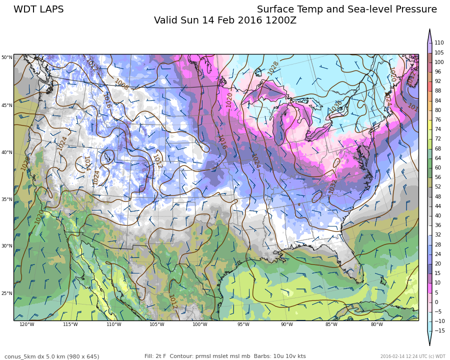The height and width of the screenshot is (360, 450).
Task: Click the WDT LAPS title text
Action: pos(38,9)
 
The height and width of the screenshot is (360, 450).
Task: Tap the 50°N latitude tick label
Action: pos(6,57)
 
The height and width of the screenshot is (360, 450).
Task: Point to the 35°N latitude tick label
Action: pos(6,199)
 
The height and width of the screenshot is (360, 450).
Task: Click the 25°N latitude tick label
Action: pos(6,293)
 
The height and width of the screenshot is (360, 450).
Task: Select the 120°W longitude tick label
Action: pos(27,324)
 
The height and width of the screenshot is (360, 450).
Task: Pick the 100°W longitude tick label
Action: pos(200,324)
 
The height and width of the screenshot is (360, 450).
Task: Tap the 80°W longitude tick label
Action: pos(377,324)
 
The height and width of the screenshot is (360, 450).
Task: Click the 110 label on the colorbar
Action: pos(439,43)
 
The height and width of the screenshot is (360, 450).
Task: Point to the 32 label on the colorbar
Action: pos(437,235)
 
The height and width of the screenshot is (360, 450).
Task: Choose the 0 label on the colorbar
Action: pos(436,302)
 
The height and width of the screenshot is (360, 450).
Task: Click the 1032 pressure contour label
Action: pos(332,186)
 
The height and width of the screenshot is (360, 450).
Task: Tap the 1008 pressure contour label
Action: pos(121,84)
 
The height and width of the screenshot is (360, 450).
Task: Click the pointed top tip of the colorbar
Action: pos(429,30)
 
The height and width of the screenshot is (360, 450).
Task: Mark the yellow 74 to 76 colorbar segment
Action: pos(429,124)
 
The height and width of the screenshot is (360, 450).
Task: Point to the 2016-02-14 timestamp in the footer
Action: pos(393,356)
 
